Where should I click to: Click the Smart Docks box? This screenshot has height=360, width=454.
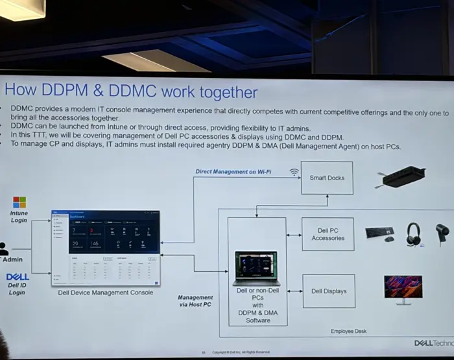coord(327,177)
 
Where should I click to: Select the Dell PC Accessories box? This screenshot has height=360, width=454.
coord(328,234)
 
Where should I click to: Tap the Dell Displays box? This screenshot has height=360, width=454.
coord(328,291)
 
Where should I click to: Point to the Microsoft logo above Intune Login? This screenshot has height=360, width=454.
coord(19,202)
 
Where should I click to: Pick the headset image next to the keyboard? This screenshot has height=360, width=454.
coord(413,234)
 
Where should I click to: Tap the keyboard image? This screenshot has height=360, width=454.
coord(379,232)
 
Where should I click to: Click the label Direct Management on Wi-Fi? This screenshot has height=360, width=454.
coord(233,172)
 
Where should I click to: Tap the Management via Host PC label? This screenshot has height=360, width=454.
coord(195,301)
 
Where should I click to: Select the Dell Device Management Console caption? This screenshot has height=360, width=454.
coord(106,293)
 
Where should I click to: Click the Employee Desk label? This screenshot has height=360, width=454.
coord(348,331)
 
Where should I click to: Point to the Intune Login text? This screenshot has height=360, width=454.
coord(19,217)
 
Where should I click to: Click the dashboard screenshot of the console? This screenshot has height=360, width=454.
coord(106,248)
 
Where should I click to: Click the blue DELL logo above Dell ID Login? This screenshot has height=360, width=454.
coord(18,277)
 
